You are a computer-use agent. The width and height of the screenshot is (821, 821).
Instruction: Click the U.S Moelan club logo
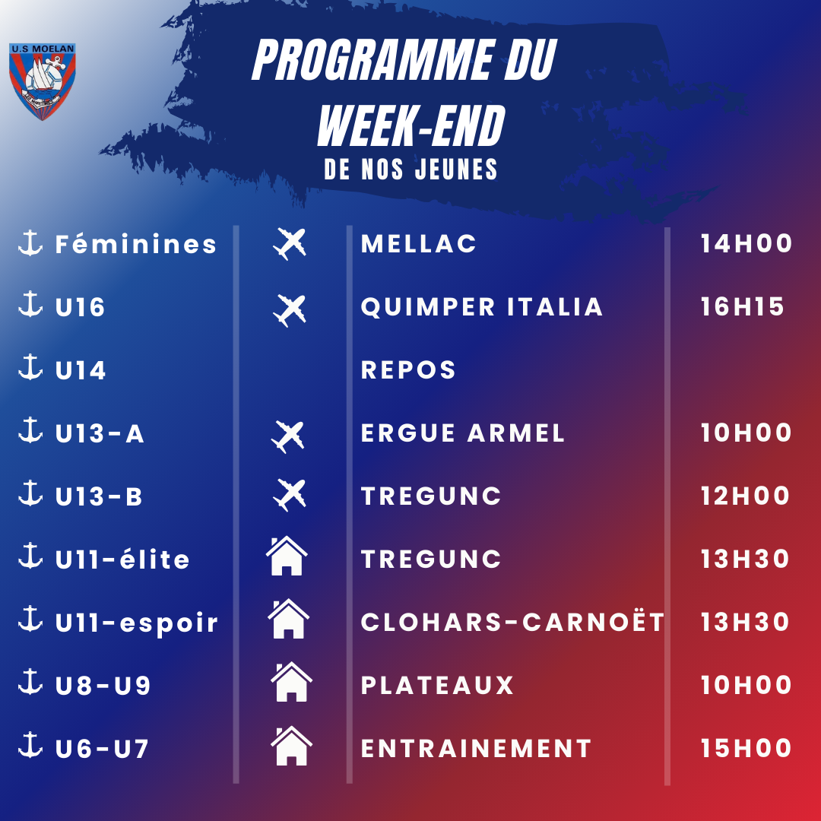point(43,81)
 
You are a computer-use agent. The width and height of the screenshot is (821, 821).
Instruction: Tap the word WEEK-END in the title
point(411,125)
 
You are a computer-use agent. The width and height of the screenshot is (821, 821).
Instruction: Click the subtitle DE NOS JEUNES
point(410,169)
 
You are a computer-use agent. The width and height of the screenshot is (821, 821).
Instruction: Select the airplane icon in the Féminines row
point(290,243)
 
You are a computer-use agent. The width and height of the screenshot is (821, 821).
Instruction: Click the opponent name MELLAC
point(418,243)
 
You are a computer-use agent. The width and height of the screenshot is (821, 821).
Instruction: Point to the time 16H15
point(743,307)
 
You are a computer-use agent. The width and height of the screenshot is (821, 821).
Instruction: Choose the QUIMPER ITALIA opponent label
point(482,307)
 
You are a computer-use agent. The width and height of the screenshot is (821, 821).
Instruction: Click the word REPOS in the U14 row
point(408,369)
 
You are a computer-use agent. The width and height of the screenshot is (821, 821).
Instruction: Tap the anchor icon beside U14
point(30,366)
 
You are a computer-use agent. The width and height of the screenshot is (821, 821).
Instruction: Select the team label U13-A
point(100,433)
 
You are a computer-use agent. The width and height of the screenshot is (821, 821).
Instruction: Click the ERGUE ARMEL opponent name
point(463,433)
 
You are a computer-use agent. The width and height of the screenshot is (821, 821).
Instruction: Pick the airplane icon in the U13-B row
point(290,495)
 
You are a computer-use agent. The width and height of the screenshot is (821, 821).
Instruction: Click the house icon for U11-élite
point(287,556)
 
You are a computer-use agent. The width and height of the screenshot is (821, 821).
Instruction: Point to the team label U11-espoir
point(137,623)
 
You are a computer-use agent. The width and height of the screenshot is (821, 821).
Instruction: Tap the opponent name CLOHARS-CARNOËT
point(512,622)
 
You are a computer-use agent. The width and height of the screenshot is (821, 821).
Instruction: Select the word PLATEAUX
point(437,685)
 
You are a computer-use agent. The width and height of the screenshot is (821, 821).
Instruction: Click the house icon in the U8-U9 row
point(292,682)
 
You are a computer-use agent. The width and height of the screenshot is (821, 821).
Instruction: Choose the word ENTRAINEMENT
point(476,748)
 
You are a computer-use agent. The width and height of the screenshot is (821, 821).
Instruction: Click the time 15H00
point(747,748)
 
